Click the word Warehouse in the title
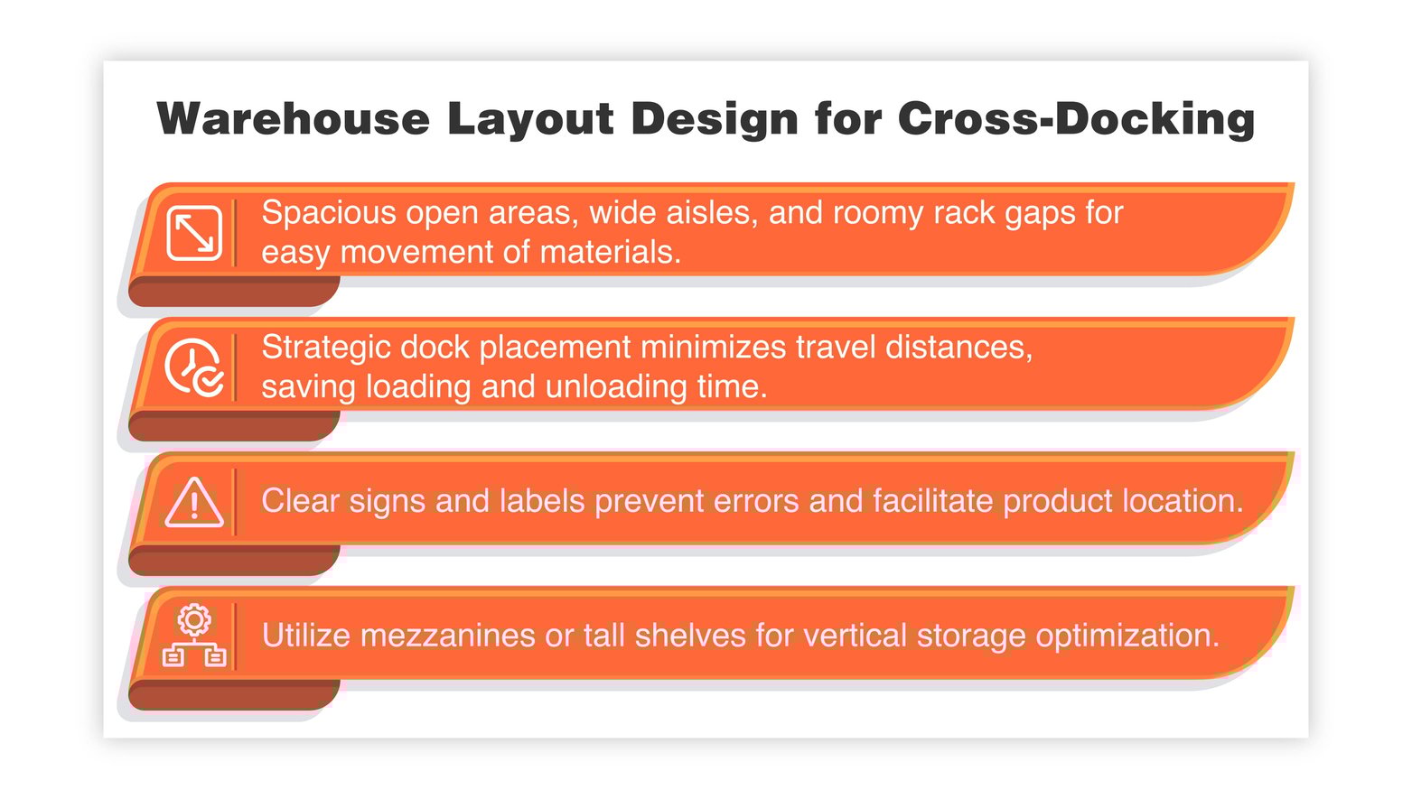(293, 118)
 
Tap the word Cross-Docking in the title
(1076, 118)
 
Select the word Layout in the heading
(530, 118)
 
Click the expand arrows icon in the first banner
(194, 233)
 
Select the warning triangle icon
(194, 502)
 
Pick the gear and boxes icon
(194, 636)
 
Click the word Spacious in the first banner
(329, 213)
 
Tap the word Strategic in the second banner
(326, 347)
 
